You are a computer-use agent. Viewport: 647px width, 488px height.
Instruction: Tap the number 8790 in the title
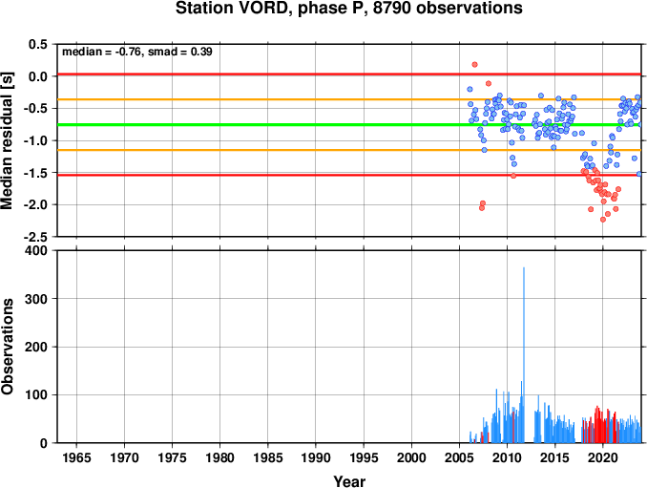(392, 9)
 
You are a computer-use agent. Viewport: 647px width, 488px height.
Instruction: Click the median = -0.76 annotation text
(101, 52)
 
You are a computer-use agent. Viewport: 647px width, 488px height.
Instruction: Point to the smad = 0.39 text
(180, 52)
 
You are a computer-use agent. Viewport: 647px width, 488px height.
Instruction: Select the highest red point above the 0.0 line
(474, 64)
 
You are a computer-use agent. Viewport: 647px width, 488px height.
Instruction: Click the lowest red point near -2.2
(603, 220)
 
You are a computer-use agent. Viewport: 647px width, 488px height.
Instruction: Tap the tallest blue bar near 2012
(524, 355)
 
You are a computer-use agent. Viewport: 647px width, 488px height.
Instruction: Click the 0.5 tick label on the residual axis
(38, 44)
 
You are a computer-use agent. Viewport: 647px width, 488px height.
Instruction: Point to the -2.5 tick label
(35, 237)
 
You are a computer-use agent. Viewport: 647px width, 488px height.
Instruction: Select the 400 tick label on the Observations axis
(36, 250)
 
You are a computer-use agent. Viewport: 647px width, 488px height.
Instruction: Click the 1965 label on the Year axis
(76, 457)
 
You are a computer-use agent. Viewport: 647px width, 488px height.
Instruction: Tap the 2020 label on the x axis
(603, 457)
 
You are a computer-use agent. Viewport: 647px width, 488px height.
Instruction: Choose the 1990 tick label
(316, 457)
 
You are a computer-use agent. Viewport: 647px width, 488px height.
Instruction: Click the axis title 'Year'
(349, 481)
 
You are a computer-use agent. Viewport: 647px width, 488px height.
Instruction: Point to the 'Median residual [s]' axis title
(7, 140)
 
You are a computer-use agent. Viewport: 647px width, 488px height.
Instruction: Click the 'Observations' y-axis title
(7, 347)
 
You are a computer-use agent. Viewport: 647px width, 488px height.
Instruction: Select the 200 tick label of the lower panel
(36, 347)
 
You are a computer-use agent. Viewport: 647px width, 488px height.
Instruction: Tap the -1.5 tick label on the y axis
(35, 173)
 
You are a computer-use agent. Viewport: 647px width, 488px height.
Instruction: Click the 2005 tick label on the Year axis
(459, 457)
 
